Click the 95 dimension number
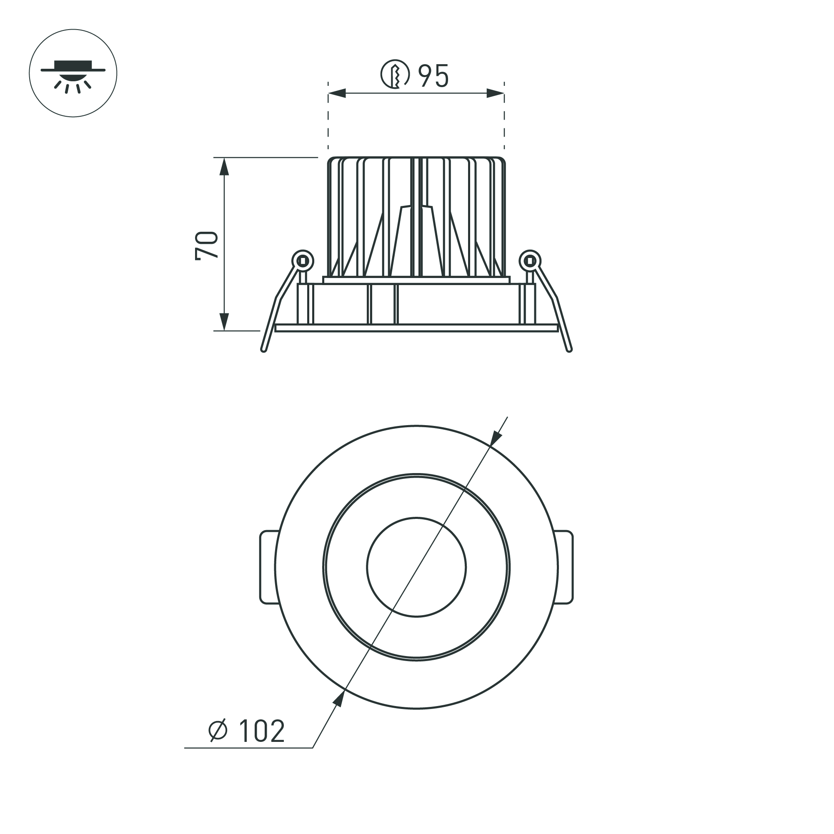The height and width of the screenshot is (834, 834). click(x=434, y=76)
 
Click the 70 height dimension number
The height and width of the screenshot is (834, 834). click(x=207, y=245)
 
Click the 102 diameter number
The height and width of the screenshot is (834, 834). click(x=261, y=731)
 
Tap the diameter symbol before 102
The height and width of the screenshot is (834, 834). click(x=218, y=730)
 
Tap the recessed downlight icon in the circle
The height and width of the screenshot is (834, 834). click(x=73, y=73)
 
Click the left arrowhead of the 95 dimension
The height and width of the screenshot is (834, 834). click(x=337, y=93)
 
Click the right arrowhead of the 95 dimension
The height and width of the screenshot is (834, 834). click(x=495, y=93)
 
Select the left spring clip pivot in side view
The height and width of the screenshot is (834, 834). click(x=302, y=261)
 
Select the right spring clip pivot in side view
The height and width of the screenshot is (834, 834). click(x=530, y=261)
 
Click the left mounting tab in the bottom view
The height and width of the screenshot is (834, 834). click(x=268, y=567)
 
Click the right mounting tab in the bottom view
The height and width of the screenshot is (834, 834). click(x=566, y=567)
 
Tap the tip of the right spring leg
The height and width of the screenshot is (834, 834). click(x=569, y=350)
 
